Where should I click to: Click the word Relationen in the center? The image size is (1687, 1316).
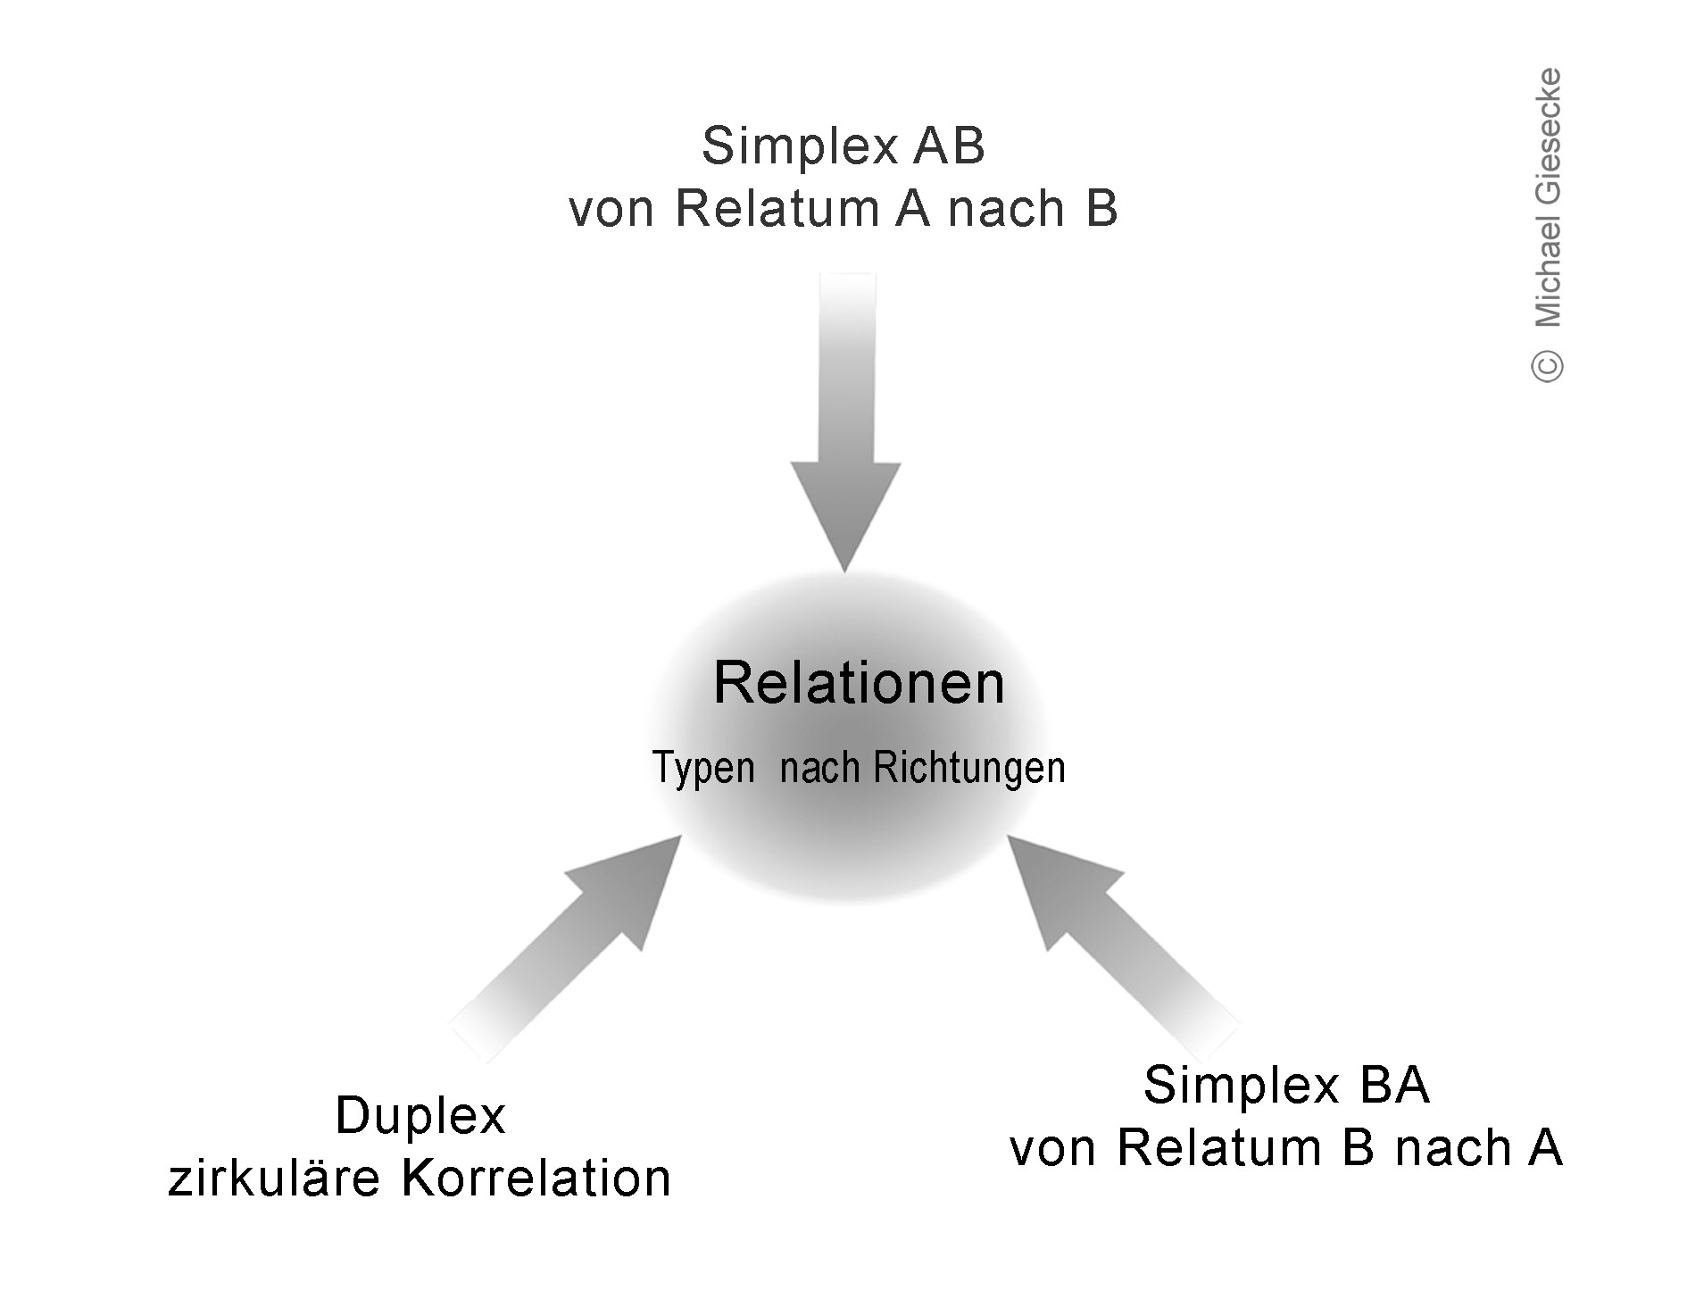pyautogui.click(x=859, y=684)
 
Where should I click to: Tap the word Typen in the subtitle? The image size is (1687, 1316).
pyautogui.click(x=704, y=768)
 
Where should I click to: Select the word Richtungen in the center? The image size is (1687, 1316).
pyautogui.click(x=969, y=768)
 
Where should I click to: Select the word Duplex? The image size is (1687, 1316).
pyautogui.click(x=420, y=1116)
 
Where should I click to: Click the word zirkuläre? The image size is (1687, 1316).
pyautogui.click(x=274, y=1179)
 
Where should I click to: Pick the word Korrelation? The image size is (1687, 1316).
pyautogui.click(x=536, y=1179)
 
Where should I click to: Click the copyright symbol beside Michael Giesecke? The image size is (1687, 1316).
pyautogui.click(x=1548, y=365)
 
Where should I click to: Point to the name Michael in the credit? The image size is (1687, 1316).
pyautogui.click(x=1548, y=271)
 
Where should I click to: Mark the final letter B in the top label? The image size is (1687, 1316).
pyautogui.click(x=1101, y=209)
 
